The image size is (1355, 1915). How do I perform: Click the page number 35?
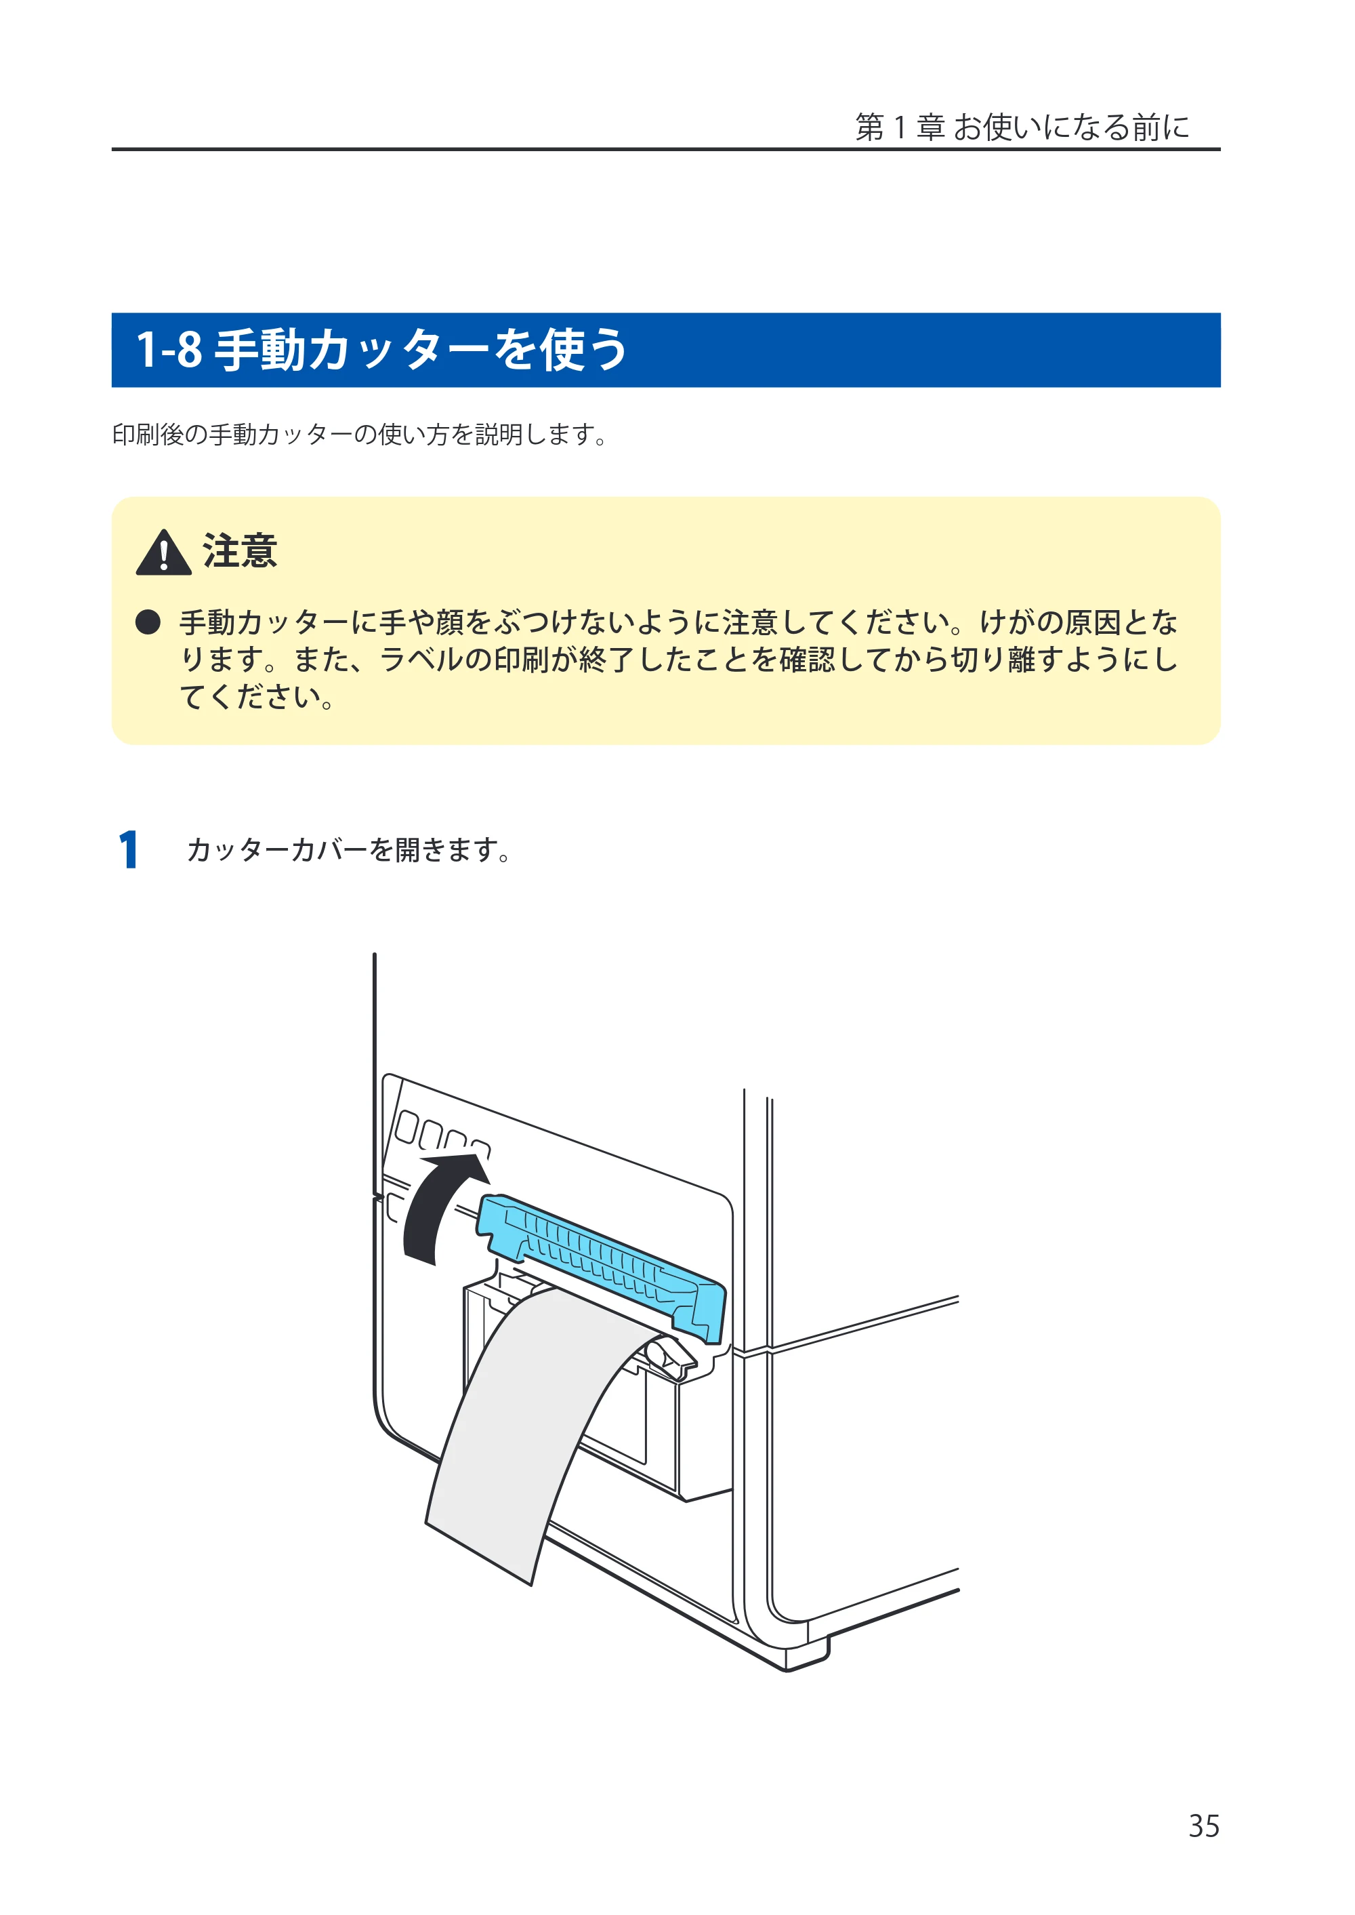coord(1203,1826)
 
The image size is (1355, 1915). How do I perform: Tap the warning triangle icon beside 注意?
coord(163,552)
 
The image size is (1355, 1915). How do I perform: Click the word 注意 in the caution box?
coord(239,551)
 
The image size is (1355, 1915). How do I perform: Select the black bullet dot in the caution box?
coord(148,622)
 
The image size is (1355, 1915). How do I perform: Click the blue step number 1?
coord(127,850)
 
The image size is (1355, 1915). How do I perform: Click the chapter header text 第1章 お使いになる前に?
coord(1022,127)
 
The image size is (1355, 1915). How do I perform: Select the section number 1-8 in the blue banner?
coord(169,349)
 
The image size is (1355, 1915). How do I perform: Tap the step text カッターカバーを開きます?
coord(348,850)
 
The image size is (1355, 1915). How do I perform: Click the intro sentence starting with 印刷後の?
coord(360,434)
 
